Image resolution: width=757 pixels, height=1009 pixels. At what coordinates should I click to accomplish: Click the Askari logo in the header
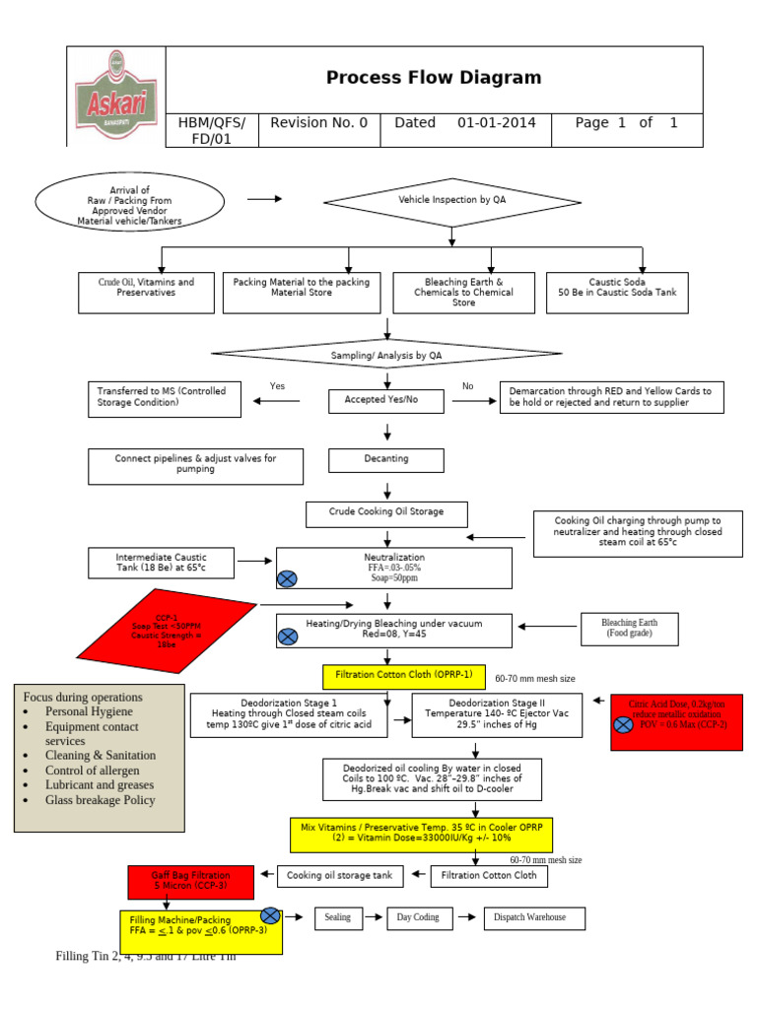[115, 96]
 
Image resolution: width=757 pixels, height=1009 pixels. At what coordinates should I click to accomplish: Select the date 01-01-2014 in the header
[497, 123]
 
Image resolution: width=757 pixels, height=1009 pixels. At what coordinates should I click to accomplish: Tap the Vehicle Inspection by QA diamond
[450, 200]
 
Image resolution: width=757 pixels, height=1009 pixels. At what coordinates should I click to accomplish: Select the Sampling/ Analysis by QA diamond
[386, 355]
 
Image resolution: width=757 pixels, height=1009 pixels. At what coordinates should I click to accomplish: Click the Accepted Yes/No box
[386, 400]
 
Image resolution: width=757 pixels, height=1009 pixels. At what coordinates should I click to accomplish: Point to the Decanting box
[386, 459]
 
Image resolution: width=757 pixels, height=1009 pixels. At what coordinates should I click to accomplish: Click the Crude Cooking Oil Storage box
[386, 512]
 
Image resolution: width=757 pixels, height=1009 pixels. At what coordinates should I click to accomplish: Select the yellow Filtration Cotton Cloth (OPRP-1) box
[404, 676]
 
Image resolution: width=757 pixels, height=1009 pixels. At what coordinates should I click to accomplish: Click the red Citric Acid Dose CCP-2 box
[676, 722]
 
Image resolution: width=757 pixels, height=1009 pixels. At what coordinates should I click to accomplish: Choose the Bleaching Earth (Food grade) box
[631, 628]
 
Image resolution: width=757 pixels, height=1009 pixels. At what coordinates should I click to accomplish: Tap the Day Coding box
[418, 918]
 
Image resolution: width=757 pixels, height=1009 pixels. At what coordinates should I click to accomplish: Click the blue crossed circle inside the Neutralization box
[288, 578]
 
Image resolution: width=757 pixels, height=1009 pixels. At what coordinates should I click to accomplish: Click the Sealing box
[338, 918]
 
